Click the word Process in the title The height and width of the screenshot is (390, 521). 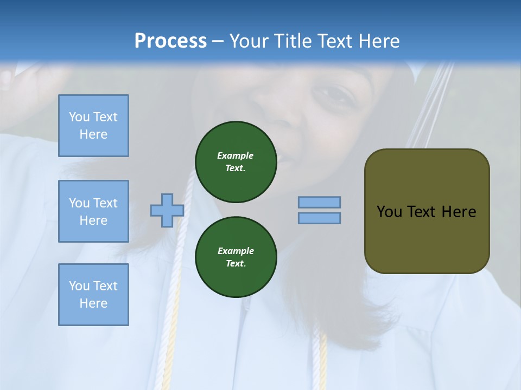170,41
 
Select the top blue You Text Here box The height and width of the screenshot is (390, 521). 93,126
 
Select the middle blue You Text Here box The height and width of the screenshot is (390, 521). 93,211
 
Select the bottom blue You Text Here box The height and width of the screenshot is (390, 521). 93,295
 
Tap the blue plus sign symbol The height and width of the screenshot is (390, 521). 167,210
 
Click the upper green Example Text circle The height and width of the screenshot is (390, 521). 236,162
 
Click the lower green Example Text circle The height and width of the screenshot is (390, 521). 236,257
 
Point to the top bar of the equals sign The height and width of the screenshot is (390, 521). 319,202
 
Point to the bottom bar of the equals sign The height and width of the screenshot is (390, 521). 319,218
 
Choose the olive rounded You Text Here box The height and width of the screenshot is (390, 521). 427,211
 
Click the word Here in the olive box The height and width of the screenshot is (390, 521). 459,212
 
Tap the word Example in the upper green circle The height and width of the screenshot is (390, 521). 236,155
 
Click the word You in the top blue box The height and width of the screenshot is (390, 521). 79,117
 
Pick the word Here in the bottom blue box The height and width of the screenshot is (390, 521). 93,303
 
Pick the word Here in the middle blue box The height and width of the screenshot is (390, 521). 93,220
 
